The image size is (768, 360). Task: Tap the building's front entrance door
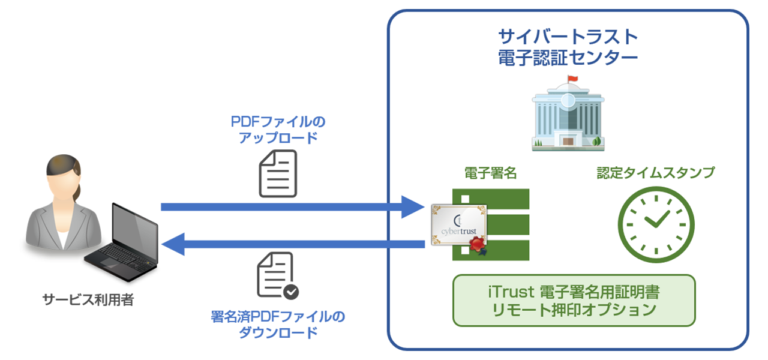tap(567, 139)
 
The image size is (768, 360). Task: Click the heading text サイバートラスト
tap(568, 37)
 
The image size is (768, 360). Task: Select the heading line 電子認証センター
tap(568, 59)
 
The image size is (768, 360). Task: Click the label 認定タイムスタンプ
tap(655, 173)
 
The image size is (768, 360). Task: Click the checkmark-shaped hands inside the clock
tap(657, 219)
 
